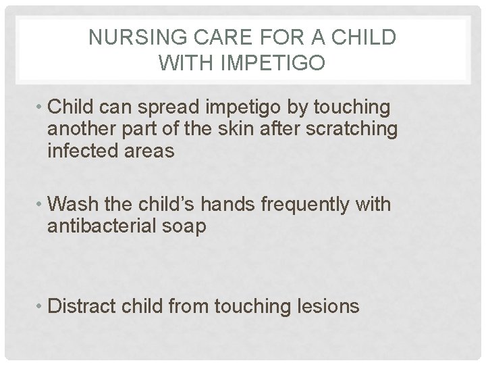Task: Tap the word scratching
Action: [x=358, y=128]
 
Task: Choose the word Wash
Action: [x=73, y=203]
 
